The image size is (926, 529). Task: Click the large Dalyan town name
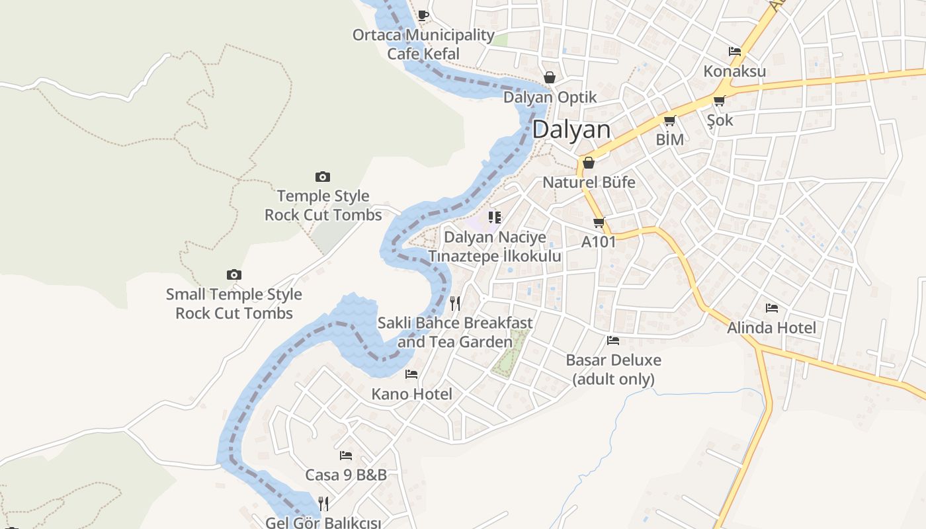point(571,130)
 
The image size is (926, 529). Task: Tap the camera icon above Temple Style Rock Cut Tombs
point(323,177)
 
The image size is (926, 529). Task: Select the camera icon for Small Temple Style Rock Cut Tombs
point(233,274)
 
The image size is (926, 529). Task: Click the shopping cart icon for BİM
point(669,121)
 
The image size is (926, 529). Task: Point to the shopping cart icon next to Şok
point(719,101)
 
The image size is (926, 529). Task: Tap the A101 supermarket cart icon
point(599,223)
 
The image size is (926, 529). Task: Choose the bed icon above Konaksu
point(734,52)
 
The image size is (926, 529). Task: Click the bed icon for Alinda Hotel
point(771,308)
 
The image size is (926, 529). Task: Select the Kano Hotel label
point(411,395)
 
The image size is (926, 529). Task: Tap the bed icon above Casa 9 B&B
point(345,456)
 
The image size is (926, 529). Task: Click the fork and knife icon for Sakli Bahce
point(455,304)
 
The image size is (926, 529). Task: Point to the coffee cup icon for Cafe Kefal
point(423,15)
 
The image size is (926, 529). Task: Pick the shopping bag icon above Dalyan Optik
point(549,77)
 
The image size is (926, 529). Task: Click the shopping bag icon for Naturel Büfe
point(589,163)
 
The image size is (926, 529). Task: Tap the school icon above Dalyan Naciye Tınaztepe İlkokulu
point(494,218)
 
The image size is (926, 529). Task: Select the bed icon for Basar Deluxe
point(613,341)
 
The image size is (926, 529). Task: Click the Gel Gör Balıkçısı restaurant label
point(323,522)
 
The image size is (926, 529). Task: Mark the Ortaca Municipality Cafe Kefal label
point(423,44)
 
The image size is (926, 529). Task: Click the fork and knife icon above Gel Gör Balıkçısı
point(323,504)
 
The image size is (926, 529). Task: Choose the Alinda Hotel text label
point(771,328)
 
